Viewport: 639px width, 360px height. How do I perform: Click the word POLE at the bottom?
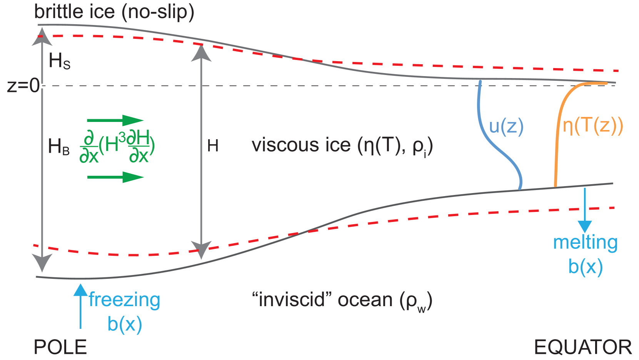point(60,347)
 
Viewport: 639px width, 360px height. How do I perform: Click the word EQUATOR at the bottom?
point(582,347)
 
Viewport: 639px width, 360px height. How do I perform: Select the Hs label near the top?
point(60,61)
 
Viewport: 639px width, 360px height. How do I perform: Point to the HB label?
point(58,147)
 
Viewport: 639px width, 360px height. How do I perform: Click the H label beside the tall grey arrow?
point(213,146)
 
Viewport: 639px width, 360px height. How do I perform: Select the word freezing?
point(124,300)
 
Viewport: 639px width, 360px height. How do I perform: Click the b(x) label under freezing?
point(125,324)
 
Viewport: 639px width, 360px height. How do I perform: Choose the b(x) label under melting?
point(585,267)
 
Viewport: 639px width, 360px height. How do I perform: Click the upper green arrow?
point(115,120)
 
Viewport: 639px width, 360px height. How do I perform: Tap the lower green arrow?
point(115,177)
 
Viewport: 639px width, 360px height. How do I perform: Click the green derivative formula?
point(117,147)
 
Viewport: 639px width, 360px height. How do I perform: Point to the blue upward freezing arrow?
point(80,306)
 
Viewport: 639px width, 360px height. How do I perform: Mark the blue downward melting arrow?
point(585,210)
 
